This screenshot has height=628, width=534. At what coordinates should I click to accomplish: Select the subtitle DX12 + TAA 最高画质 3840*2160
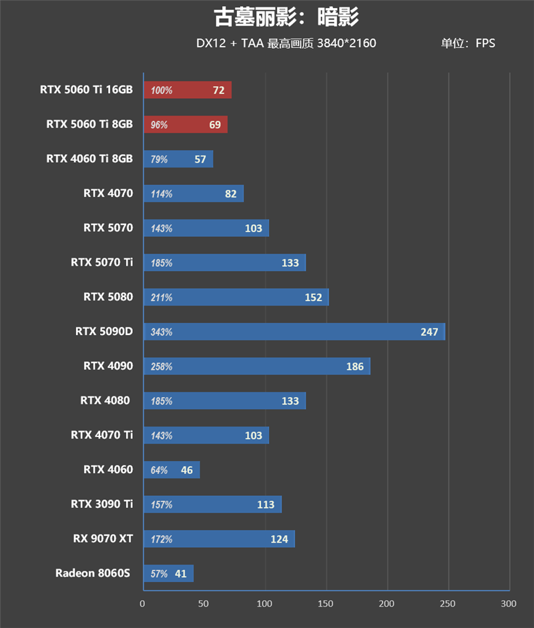[x=286, y=44]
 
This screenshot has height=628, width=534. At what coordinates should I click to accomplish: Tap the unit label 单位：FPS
[x=467, y=44]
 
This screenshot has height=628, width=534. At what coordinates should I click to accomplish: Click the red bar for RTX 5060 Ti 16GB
[x=188, y=90]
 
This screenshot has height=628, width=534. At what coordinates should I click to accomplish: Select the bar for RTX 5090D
[x=294, y=332]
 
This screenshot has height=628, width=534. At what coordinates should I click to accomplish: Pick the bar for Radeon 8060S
[x=168, y=573]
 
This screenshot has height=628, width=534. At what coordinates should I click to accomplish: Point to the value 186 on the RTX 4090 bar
[x=354, y=366]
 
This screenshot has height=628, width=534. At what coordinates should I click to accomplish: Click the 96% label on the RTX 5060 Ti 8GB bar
[x=160, y=125]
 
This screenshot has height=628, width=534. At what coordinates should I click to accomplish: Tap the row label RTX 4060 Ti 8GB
[x=89, y=159]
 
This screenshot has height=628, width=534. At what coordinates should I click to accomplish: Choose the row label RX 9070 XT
[x=103, y=538]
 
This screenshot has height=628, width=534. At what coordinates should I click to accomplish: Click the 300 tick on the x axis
[x=509, y=604]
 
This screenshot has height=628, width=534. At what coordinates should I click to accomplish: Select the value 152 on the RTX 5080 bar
[x=313, y=298]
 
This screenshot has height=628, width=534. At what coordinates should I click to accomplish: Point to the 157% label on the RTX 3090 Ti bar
[x=162, y=505]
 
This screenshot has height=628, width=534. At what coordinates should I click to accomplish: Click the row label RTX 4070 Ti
[x=101, y=435]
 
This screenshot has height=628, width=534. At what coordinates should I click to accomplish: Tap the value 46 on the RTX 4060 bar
[x=186, y=470]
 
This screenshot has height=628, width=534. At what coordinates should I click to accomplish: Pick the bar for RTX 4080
[x=224, y=401]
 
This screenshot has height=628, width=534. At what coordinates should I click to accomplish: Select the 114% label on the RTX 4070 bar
[x=162, y=194]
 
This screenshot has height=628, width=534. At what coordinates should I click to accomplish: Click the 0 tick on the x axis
[x=142, y=604]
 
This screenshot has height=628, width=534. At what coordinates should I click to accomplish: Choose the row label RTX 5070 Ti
[x=101, y=262]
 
